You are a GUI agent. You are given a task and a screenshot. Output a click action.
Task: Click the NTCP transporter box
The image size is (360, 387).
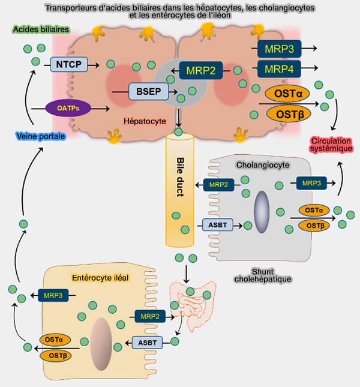coord(70,62)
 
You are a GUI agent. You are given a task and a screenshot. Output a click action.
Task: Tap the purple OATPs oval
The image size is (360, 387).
coord(67,108)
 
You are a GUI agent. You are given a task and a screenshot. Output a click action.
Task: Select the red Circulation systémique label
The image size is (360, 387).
coord(331,145)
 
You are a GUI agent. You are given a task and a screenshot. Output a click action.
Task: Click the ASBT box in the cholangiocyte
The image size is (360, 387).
coord(216,224)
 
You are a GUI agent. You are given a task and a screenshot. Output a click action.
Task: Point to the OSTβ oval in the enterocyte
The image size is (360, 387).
coord(56,355)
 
